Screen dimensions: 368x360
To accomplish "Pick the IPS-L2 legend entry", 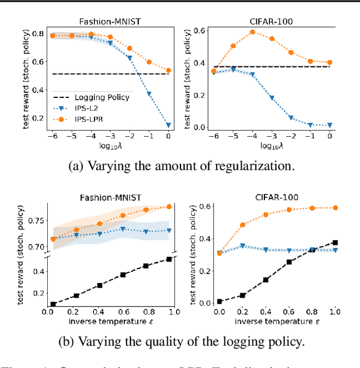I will coord(91,108).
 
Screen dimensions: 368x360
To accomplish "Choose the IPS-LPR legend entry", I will coord(93,119).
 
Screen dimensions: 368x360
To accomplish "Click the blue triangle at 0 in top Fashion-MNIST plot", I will coord(169,125).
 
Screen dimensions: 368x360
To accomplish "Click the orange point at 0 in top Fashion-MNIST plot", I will coord(169,70).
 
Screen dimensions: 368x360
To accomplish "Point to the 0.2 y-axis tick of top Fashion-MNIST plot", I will coord(37,118).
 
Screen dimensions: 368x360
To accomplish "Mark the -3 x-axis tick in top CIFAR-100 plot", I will coord(272,136).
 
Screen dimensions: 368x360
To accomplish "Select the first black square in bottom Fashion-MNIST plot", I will coord(53,304).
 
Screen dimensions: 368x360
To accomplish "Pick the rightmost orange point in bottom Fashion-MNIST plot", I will coord(169,207).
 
